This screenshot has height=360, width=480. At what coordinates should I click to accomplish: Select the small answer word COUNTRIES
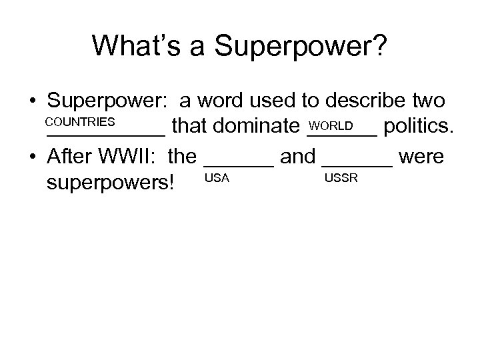81,123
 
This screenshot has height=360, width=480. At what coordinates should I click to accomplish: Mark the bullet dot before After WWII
32,157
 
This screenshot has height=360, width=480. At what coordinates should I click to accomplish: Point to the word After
71,157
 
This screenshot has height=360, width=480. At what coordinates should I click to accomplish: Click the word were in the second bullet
421,157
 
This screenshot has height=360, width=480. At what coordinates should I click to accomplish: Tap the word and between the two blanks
297,157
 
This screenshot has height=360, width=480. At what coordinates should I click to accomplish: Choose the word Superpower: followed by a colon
109,101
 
